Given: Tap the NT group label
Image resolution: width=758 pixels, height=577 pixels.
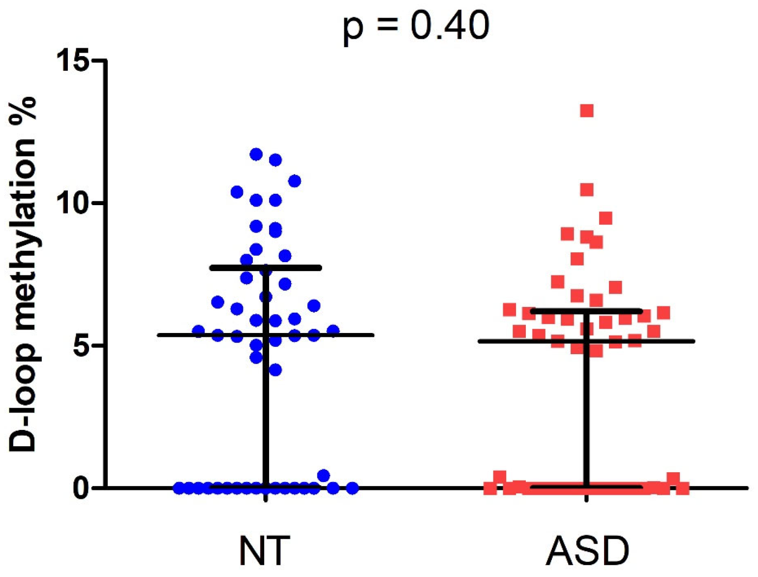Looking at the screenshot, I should [264, 551].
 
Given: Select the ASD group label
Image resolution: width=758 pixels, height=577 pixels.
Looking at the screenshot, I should [587, 551].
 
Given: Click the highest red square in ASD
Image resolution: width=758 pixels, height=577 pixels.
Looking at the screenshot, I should [587, 111].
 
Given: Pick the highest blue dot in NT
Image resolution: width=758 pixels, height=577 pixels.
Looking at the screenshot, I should [256, 154].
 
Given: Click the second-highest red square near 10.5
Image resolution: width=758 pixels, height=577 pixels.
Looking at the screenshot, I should [587, 190].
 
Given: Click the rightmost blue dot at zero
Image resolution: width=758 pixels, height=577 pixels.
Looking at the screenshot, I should [352, 488].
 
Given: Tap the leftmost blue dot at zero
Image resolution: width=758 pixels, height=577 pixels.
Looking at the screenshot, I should [179, 488].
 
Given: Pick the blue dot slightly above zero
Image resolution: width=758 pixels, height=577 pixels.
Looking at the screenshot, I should [324, 476].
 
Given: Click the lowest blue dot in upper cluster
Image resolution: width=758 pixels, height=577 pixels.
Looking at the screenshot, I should [275, 370].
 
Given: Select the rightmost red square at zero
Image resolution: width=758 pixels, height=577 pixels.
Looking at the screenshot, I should [682, 488].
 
